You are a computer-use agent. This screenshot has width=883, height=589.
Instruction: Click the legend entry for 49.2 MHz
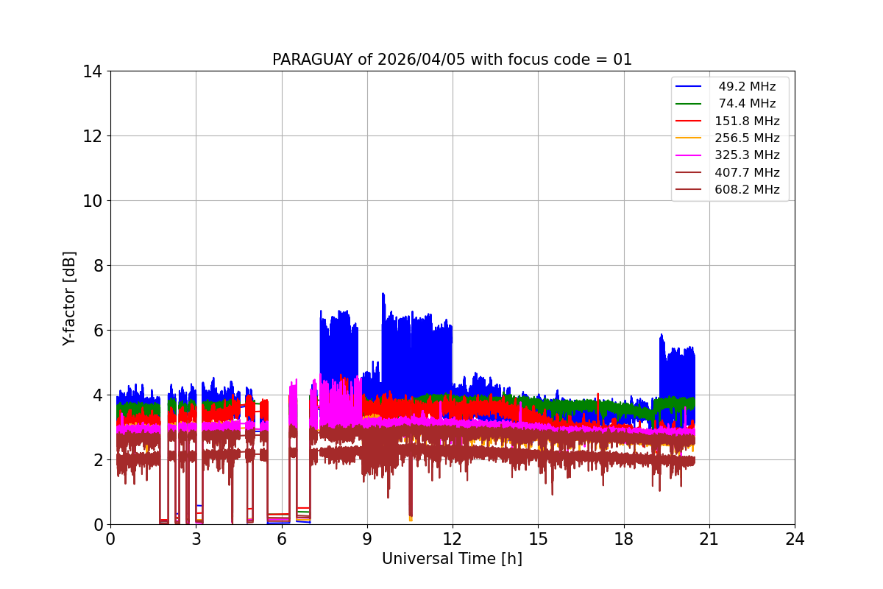click(x=747, y=87)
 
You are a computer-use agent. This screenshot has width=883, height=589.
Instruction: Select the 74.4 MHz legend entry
click(x=747, y=104)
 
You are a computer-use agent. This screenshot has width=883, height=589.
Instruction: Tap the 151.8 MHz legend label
click(x=747, y=121)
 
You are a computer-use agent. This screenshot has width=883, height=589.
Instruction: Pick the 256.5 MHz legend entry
click(x=747, y=138)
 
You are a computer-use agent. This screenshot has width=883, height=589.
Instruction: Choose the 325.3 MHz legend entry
click(x=747, y=155)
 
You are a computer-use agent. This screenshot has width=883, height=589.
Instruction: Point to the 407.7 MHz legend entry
click(x=747, y=172)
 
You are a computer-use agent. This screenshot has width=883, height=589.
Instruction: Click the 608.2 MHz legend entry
click(x=747, y=189)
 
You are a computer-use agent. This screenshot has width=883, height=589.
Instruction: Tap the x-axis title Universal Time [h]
click(x=452, y=559)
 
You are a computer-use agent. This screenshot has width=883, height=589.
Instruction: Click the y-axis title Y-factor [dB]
click(x=69, y=298)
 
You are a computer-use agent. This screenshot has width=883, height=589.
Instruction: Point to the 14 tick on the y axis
click(x=93, y=71)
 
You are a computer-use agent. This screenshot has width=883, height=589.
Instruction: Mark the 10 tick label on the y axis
click(x=93, y=201)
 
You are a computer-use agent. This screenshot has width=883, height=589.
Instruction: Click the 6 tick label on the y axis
click(x=97, y=331)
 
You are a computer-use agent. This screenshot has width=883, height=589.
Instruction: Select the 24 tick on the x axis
click(x=795, y=539)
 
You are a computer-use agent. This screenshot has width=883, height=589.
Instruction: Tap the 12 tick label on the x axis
click(x=453, y=539)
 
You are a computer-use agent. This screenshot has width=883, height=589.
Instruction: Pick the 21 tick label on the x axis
click(x=709, y=539)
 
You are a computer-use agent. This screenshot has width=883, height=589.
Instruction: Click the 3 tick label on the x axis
click(x=196, y=539)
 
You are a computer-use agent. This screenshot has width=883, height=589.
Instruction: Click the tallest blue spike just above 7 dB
click(x=383, y=294)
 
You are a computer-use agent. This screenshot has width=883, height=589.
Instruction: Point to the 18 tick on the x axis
click(x=623, y=539)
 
